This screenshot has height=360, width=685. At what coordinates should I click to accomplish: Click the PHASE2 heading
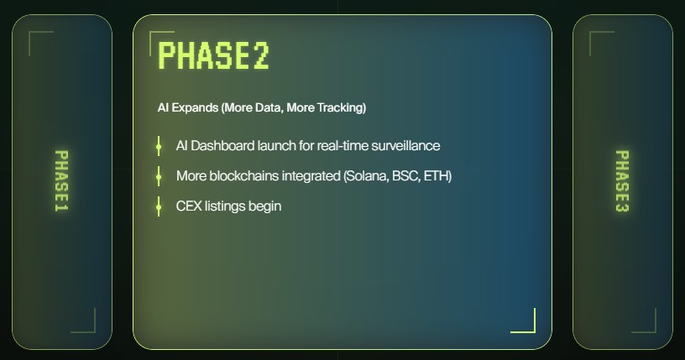[x=213, y=55]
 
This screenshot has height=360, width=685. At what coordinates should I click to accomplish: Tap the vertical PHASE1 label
[x=61, y=181]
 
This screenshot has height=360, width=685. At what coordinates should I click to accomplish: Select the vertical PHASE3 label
[x=622, y=181]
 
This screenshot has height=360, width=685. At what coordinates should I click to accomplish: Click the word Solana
[x=366, y=176]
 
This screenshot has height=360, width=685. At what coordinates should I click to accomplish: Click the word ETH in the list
[x=437, y=176]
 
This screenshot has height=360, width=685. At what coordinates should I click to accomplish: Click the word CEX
[x=189, y=206]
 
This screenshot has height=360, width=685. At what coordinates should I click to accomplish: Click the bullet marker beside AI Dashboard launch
[x=159, y=147]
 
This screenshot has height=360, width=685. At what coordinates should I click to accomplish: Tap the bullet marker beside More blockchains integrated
[x=159, y=176]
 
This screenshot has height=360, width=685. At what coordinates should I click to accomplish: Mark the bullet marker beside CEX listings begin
[x=159, y=206]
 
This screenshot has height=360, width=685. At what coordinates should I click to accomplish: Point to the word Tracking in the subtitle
[x=341, y=108]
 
